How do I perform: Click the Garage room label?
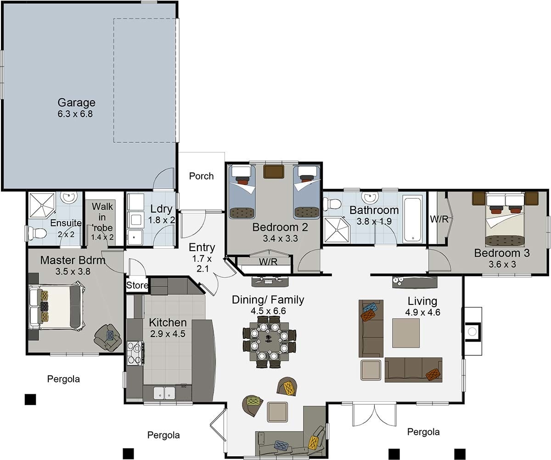76,102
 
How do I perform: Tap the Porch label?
202,176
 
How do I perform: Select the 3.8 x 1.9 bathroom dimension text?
374,221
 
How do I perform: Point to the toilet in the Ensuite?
38,233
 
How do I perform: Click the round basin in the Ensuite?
69,196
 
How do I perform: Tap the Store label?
137,285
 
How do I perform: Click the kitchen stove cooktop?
135,353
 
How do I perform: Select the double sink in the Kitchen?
164,393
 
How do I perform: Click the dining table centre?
269,341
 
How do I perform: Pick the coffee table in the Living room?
406,333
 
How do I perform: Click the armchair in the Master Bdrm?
108,338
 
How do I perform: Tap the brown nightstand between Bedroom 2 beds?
274,172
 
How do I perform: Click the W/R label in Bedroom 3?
439,219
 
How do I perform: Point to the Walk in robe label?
102,221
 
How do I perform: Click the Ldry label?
161,209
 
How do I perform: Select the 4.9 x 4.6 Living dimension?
422,312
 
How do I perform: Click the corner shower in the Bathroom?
337,230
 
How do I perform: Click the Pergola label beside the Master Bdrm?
63,379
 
